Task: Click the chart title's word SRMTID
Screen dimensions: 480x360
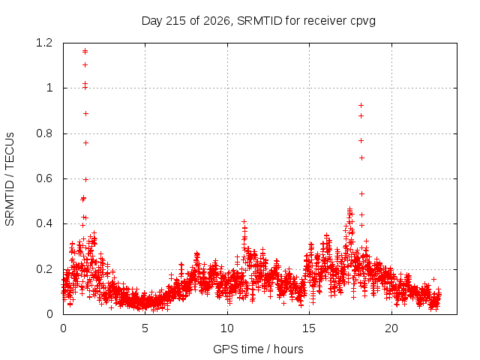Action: pyautogui.click(x=259, y=21)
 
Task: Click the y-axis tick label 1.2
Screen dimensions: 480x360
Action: pyautogui.click(x=44, y=43)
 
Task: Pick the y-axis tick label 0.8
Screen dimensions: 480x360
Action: pyautogui.click(x=44, y=133)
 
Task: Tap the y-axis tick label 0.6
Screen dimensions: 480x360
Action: pyautogui.click(x=44, y=178)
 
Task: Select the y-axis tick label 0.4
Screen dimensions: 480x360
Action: pyautogui.click(x=44, y=223)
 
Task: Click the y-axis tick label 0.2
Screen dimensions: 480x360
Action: pyautogui.click(x=44, y=269)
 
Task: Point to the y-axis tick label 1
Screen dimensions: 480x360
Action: pyautogui.click(x=49, y=88)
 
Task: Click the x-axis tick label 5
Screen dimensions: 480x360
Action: pyautogui.click(x=145, y=328)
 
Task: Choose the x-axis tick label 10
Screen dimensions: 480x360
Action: pyautogui.click(x=227, y=328)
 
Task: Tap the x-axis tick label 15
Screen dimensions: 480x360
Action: pyautogui.click(x=309, y=328)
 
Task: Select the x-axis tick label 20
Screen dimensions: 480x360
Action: pyautogui.click(x=391, y=328)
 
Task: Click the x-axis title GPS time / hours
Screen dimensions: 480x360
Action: pyautogui.click(x=258, y=349)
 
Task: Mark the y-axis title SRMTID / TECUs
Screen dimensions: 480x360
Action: pyautogui.click(x=10, y=179)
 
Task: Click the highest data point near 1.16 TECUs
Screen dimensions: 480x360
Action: pyautogui.click(x=85, y=51)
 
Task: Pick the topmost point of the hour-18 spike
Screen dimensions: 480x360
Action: pyautogui.click(x=361, y=105)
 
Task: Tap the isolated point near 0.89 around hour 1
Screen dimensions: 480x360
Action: pyautogui.click(x=85, y=113)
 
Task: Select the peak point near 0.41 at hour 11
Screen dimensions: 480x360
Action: pyautogui.click(x=244, y=221)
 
